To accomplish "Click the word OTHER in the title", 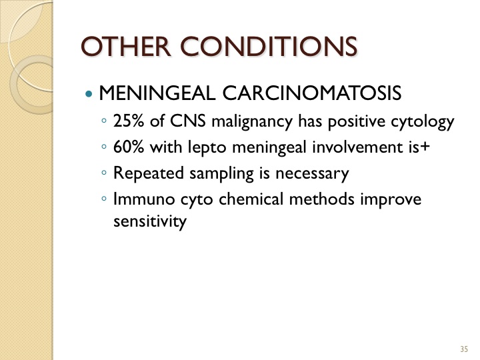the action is (x=125, y=47).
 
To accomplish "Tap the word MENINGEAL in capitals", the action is (x=157, y=93).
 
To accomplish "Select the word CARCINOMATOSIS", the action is (x=311, y=93).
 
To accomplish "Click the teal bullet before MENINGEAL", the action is (x=89, y=93).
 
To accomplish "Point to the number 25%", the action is (x=129, y=121).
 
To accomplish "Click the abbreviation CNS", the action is (x=187, y=121).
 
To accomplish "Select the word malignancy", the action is (x=252, y=122).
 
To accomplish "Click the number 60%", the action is (x=129, y=147).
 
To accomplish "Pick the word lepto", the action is (x=207, y=148).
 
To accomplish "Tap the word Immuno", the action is (x=144, y=199).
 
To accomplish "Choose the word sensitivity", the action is (x=150, y=221).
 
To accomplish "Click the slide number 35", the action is (x=464, y=349).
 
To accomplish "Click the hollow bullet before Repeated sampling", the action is (x=104, y=173).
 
